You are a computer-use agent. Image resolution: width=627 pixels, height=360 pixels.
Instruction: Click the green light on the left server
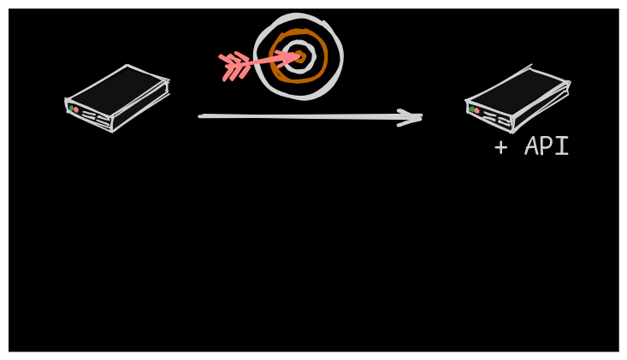click(70, 108)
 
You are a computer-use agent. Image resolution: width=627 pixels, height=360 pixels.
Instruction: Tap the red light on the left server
click(76, 110)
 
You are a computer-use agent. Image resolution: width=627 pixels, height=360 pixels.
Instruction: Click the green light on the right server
click(470, 109)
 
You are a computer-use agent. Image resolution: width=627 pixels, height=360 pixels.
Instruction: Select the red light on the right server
click(476, 110)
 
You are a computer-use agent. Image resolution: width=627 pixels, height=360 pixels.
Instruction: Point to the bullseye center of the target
click(299, 57)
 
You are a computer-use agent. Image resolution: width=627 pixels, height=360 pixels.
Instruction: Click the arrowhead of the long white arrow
click(416, 117)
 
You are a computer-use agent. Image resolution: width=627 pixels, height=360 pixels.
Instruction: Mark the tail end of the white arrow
click(202, 115)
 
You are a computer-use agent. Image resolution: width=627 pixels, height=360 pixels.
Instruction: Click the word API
click(547, 146)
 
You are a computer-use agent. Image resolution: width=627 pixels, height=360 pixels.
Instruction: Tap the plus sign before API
click(500, 147)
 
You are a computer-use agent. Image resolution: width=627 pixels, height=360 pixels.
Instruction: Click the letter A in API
click(532, 146)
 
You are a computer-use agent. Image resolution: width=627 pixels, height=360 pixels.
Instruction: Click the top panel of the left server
click(117, 89)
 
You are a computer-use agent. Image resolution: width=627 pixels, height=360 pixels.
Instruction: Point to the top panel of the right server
click(518, 90)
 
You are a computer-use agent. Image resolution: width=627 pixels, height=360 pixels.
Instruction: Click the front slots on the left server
click(96, 117)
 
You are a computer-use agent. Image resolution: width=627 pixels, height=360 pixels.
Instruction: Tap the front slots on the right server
click(496, 119)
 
